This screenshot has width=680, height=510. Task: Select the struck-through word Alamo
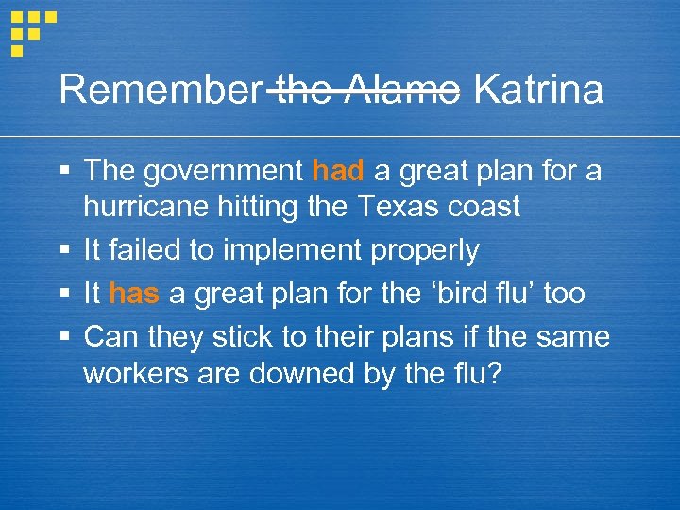tap(403, 91)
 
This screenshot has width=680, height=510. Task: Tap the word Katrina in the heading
tap(537, 91)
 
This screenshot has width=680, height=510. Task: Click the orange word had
tap(337, 171)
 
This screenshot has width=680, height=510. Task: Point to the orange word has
tap(134, 294)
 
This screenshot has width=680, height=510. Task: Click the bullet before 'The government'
tap(63, 172)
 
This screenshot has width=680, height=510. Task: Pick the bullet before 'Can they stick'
tap(63, 337)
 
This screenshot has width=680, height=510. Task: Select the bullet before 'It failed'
tap(63, 251)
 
